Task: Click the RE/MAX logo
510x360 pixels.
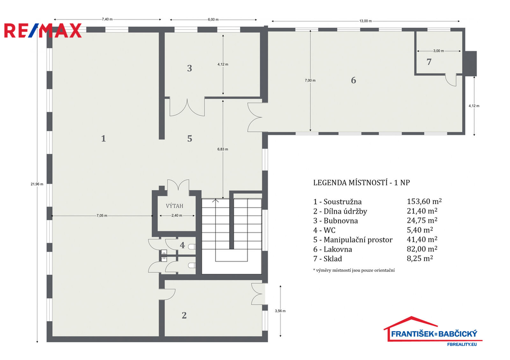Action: [43, 31]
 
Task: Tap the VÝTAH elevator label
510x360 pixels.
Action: [174, 206]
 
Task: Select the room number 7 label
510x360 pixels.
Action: [429, 62]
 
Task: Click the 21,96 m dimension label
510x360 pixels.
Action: [37, 184]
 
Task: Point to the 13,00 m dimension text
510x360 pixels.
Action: [366, 21]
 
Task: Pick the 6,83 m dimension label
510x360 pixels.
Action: [223, 149]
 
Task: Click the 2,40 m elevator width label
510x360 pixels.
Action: [177, 216]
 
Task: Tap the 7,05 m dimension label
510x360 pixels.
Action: [102, 216]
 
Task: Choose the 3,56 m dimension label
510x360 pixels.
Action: [280, 311]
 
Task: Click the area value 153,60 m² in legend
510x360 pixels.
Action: [424, 202]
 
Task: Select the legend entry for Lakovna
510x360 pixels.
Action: [333, 249]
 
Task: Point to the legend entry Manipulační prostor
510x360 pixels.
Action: [353, 240]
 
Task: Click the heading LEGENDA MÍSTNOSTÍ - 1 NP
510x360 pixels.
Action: [362, 183]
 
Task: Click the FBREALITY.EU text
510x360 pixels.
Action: [462, 344]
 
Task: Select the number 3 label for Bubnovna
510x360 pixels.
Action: [190, 68]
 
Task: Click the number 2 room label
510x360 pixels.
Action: [184, 316]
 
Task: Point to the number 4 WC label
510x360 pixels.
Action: [182, 245]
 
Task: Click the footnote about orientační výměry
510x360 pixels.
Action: [354, 270]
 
